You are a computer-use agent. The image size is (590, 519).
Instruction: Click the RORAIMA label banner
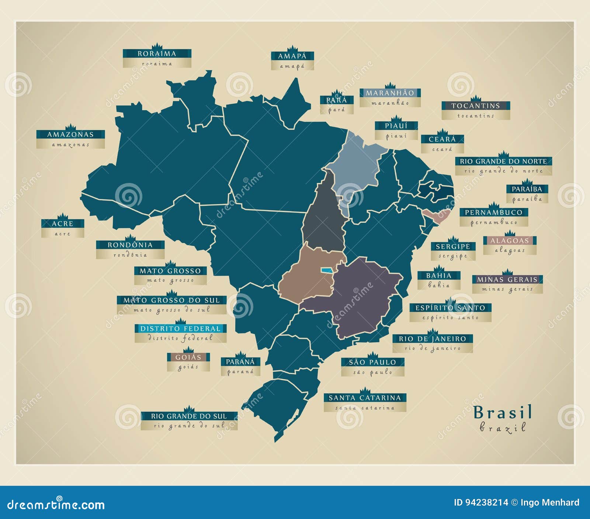pyautogui.click(x=157, y=54)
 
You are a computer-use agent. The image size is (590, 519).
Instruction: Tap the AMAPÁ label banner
pyautogui.click(x=292, y=56)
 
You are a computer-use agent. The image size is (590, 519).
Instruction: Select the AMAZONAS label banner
pyautogui.click(x=70, y=135)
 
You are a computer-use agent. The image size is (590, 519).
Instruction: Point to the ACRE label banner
pyautogui.click(x=63, y=224)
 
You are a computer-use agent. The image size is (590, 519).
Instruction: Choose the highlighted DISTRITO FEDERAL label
pyautogui.click(x=180, y=329)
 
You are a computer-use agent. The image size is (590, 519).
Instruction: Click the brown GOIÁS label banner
pyautogui.click(x=188, y=357)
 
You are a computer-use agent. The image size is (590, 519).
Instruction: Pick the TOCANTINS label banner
pyautogui.click(x=476, y=106)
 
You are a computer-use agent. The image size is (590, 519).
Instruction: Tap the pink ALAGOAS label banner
pyautogui.click(x=510, y=241)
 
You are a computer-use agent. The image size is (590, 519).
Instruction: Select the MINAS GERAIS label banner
pyautogui.click(x=507, y=279)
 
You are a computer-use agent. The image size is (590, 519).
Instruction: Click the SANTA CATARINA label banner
pyautogui.click(x=365, y=398)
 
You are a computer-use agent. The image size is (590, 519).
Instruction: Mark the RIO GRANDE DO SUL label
pyautogui.click(x=189, y=416)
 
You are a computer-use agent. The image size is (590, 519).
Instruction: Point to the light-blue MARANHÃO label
pyautogui.click(x=390, y=93)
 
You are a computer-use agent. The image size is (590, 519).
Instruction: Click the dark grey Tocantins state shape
pyautogui.click(x=324, y=218)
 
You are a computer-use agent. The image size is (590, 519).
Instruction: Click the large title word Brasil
pyautogui.click(x=503, y=412)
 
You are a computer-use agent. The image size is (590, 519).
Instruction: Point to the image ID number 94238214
pyautogui.click(x=486, y=502)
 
